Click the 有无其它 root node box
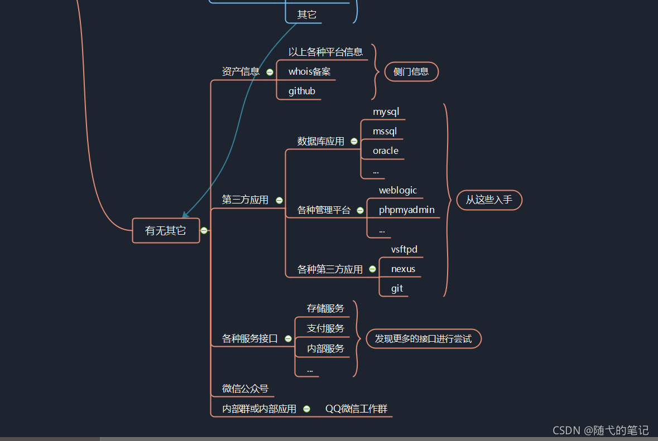[166, 231]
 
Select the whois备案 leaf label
[309, 71]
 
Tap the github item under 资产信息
[301, 91]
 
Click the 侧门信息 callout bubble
[411, 71]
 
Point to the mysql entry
[386, 112]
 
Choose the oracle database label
[385, 151]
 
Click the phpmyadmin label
[406, 210]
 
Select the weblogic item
[397, 190]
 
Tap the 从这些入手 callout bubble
[489, 200]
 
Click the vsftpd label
[404, 249]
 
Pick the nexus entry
[403, 269]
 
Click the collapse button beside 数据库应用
[354, 142]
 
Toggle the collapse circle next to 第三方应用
[279, 200]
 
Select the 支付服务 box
[325, 328]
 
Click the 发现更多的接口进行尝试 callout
[423, 338]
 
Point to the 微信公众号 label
[245, 389]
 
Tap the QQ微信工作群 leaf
[356, 409]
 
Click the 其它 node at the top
[306, 14]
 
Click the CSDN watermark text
[601, 430]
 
